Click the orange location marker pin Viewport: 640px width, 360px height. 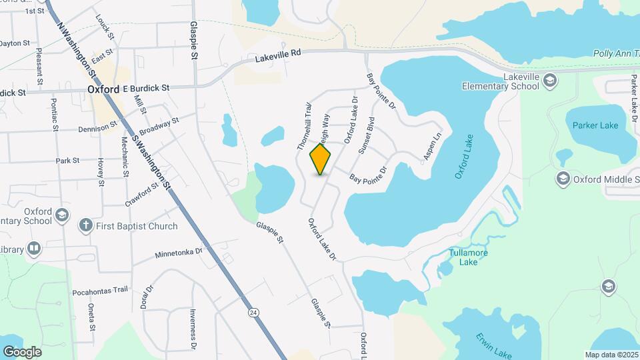[x=321, y=159]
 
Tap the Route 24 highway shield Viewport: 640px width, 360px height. [x=253, y=312]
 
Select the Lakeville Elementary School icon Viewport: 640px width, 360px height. [x=550, y=81]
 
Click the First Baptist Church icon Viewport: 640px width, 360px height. [x=85, y=225]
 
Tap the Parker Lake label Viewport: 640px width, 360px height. [x=595, y=125]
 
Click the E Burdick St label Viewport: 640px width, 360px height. [x=146, y=88]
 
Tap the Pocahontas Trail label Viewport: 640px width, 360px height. [x=100, y=290]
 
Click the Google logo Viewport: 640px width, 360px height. [x=22, y=351]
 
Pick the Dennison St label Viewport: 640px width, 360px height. [x=98, y=128]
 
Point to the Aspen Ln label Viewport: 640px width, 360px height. [x=433, y=147]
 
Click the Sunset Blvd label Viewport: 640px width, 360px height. [x=367, y=135]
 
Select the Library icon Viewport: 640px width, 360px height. [x=33, y=249]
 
